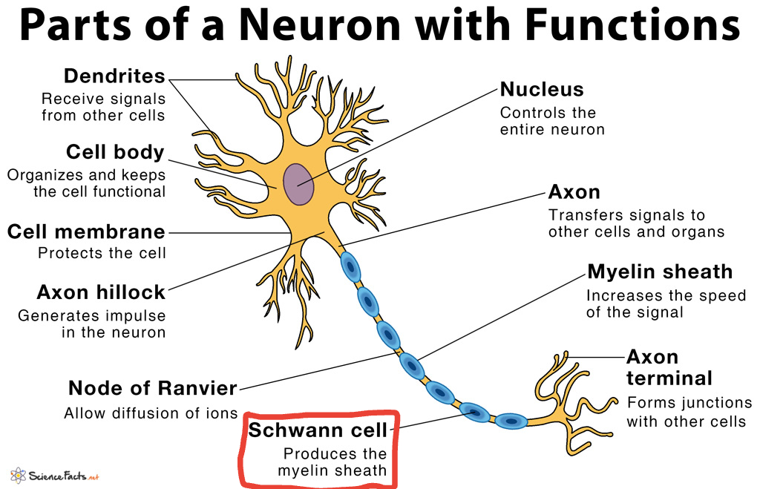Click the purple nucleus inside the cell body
click(x=298, y=184)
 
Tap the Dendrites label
click(x=114, y=76)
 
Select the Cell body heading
click(x=115, y=152)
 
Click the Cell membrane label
click(x=86, y=232)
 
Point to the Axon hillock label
click(x=101, y=292)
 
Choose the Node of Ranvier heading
click(x=153, y=388)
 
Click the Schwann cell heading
click(x=318, y=430)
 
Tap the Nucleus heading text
click(x=542, y=90)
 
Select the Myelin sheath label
click(x=659, y=272)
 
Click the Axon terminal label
click(x=669, y=367)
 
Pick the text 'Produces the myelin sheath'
click(x=332, y=462)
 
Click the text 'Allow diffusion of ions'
click(x=151, y=413)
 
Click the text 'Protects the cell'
click(x=102, y=253)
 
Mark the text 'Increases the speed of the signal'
click(x=666, y=304)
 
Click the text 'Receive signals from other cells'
click(x=103, y=107)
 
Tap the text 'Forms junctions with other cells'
click(x=689, y=413)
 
